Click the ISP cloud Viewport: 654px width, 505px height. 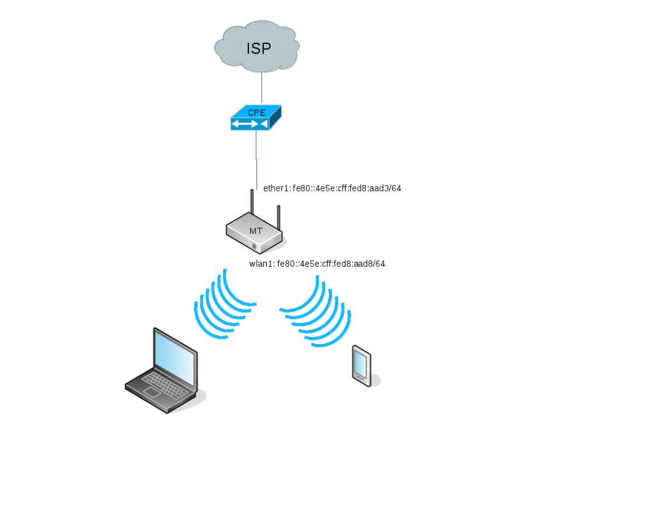pos(257,46)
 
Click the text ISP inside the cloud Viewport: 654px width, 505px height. pos(259,49)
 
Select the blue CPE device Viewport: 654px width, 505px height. pos(256,117)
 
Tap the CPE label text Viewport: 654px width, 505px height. pos(257,112)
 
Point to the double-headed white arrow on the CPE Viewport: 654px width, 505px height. pos(245,124)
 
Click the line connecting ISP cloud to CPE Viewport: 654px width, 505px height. pos(261,87)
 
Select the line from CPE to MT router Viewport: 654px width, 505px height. pos(256,160)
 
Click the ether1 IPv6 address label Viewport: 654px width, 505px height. pos(332,188)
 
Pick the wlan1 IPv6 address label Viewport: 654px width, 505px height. pos(317,264)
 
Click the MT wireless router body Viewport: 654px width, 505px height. pos(254,232)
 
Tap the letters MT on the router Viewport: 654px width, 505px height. pos(255,231)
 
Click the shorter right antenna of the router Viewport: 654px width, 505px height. pos(278,218)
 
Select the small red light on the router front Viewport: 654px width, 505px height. pos(254,246)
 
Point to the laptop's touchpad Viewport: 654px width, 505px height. pos(151,392)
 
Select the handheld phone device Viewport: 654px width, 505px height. pos(361,366)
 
